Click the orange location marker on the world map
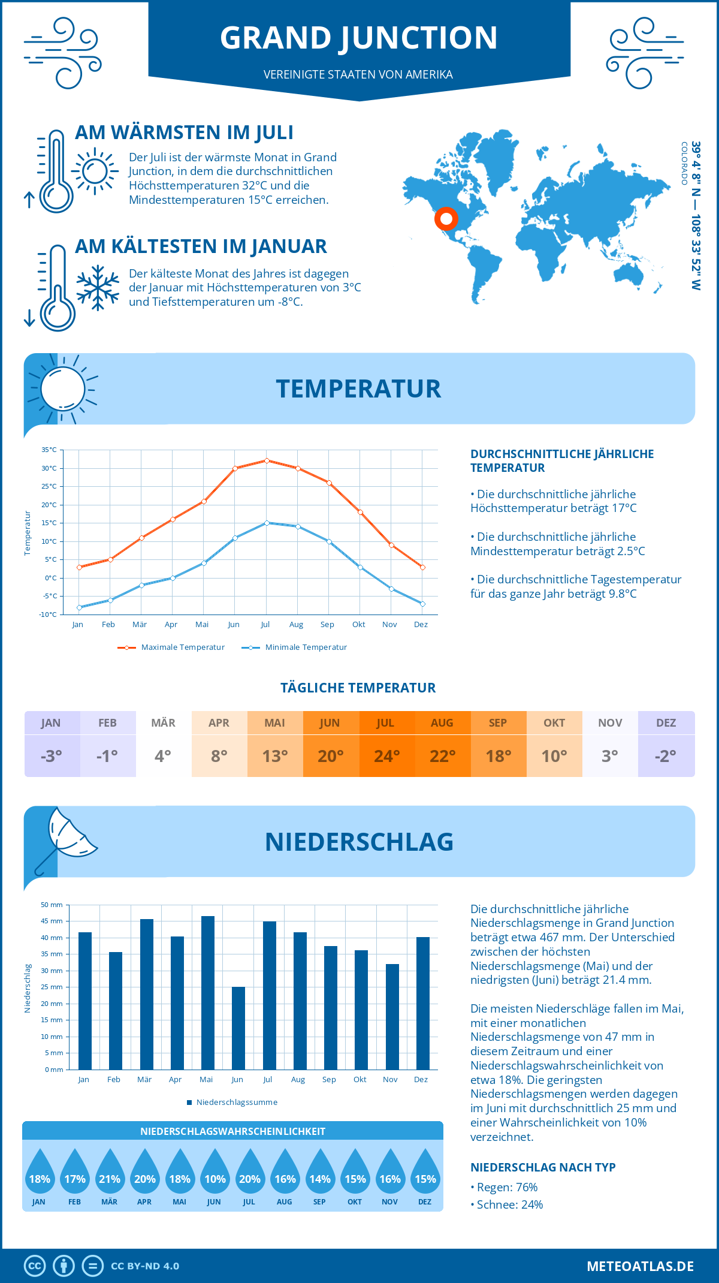coord(446,219)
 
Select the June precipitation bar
coord(238,1028)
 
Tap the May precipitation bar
coord(207,992)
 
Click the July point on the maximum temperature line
coord(267,460)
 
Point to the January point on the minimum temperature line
coord(79,607)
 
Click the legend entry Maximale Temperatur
coord(171,647)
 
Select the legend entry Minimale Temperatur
coord(294,647)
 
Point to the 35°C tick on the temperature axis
coord(49,450)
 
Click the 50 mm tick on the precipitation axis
coord(52,905)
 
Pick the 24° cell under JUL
coord(386,756)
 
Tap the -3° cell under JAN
coord(52,756)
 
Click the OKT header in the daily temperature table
coord(554,723)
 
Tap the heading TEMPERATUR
coord(358,388)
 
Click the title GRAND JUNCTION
coord(358,37)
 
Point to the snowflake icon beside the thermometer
coord(98,288)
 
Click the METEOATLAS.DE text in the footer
coord(640,1266)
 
